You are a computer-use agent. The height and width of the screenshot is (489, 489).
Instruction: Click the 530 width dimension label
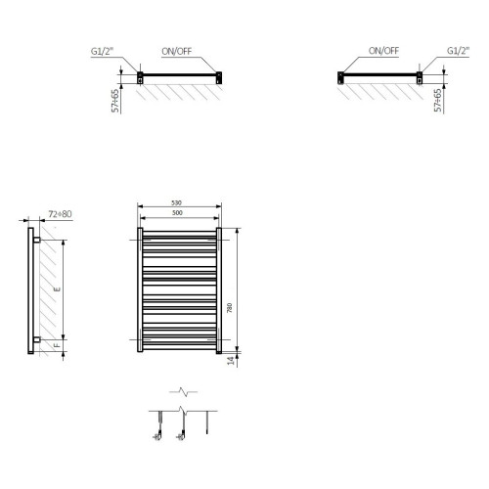[x=178, y=204]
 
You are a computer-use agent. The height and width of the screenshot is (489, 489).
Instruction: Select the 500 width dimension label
[x=178, y=213]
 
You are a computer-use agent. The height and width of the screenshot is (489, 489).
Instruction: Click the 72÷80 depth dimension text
[x=62, y=213]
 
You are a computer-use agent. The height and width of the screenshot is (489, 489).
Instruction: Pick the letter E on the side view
[x=57, y=290]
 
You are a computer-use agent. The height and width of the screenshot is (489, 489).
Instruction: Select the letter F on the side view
[x=57, y=345]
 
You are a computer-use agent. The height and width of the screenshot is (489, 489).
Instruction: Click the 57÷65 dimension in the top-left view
[x=116, y=99]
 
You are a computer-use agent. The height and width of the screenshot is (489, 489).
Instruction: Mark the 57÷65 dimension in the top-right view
[x=437, y=99]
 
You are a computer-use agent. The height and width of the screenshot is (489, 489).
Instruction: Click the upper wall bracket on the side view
[x=36, y=239]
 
